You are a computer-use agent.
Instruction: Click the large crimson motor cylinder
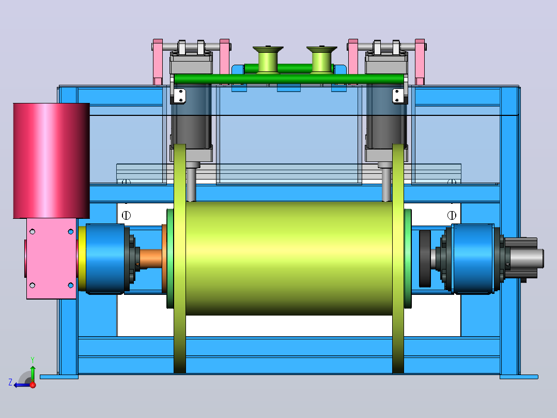[52, 160]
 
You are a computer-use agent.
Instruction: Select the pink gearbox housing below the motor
[52, 259]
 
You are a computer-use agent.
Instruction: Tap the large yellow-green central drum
[289, 258]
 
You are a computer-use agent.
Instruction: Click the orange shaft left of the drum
[151, 259]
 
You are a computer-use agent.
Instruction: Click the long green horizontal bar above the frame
[289, 79]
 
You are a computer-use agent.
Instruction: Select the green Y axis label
[33, 360]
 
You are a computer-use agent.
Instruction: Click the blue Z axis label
[10, 382]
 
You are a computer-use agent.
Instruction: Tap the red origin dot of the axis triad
[33, 385]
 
